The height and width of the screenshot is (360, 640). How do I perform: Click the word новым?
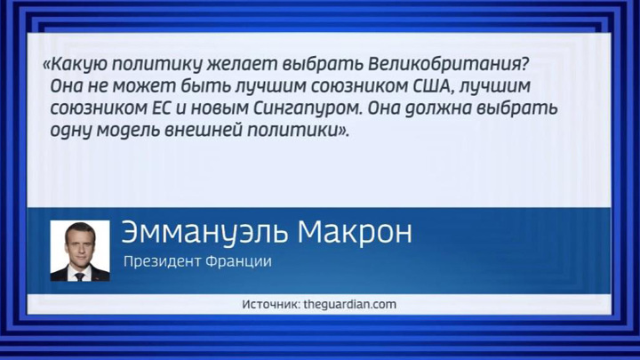coord(220,108)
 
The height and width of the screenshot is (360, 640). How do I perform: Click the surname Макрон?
coord(355,232)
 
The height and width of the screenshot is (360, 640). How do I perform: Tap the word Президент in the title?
coord(162,261)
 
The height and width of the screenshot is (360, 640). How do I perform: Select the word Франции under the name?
coord(239,261)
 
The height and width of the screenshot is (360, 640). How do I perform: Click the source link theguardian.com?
coord(350,305)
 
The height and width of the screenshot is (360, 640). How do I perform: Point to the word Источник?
coord(271,304)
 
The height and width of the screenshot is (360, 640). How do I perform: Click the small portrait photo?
coord(80,251)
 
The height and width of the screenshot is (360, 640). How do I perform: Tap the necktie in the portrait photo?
coord(80,276)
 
